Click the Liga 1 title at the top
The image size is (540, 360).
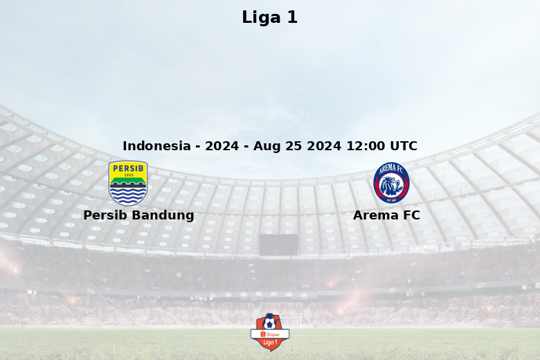tap(270, 17)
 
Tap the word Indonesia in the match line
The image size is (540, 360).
tap(156, 145)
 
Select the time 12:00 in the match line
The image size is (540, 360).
tap(366, 145)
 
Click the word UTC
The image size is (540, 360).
tap(404, 145)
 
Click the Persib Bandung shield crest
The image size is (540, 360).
tap(128, 183)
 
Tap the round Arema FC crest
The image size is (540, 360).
tap(391, 183)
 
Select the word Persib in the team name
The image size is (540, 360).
tap(106, 215)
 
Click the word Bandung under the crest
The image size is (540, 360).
tap(163, 216)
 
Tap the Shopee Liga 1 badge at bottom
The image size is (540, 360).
tap(270, 332)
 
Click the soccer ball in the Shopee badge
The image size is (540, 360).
tap(269, 323)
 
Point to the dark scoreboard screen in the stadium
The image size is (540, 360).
tap(278, 245)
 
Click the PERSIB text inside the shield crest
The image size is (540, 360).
tap(128, 168)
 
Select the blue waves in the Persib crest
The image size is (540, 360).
tap(128, 195)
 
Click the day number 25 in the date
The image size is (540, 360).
tap(294, 145)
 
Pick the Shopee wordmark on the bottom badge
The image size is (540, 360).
tap(272, 334)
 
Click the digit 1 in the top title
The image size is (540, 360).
tap(292, 17)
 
